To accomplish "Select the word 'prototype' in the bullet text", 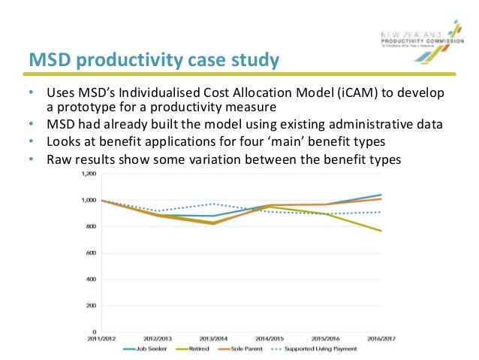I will [x=85, y=107].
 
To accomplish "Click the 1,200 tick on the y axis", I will [x=89, y=174].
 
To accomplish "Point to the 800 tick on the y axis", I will [x=92, y=226].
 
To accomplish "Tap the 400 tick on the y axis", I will [x=92, y=279].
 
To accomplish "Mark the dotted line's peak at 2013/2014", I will [x=213, y=204].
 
